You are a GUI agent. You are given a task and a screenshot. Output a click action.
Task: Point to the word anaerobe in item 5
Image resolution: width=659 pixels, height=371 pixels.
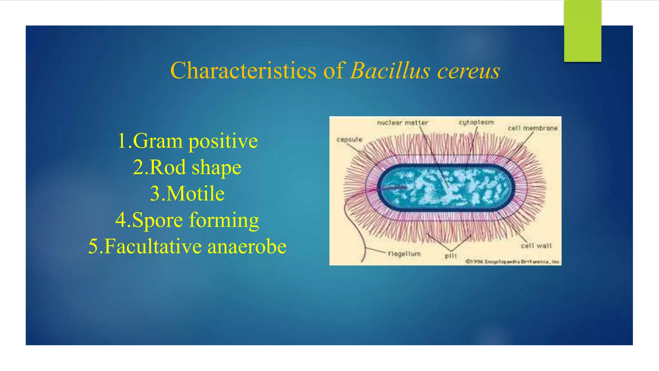point(247,247)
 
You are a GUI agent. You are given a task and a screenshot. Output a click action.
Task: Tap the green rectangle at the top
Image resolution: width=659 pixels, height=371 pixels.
point(582,31)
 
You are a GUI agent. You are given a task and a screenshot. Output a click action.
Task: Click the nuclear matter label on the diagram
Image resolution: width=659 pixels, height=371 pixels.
point(402,123)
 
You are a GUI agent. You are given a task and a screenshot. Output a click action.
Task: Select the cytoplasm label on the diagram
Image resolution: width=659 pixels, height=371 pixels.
point(476,122)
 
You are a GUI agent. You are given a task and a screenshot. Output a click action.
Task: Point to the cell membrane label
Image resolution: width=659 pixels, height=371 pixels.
point(533,128)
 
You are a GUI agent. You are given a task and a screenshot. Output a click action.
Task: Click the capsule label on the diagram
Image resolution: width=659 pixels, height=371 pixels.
point(349,139)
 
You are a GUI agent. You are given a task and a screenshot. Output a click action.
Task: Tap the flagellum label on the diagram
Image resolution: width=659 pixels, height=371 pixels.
point(404,254)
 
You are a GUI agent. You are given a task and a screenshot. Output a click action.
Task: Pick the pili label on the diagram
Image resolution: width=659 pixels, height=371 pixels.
point(451,256)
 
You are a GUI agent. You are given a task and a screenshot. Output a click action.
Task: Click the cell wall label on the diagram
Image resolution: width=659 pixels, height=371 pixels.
point(536,246)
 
